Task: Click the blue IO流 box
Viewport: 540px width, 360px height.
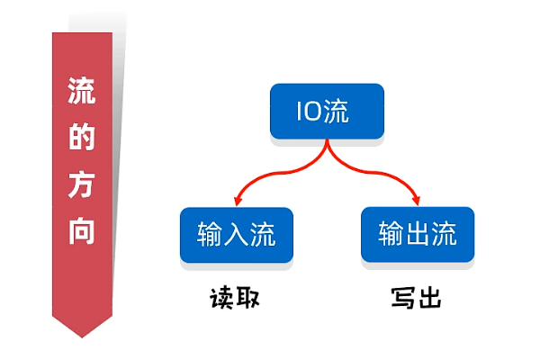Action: point(327,111)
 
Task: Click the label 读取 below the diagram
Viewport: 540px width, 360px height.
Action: point(235,297)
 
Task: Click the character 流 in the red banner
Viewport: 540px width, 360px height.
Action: point(82,93)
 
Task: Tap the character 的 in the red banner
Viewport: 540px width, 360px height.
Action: point(82,139)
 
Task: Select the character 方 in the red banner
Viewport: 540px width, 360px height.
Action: point(82,185)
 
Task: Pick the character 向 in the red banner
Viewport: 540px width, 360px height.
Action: point(82,231)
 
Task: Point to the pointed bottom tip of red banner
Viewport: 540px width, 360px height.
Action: point(82,336)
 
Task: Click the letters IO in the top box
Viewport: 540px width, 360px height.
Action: point(309,111)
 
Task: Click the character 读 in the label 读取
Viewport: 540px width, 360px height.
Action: point(221,297)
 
